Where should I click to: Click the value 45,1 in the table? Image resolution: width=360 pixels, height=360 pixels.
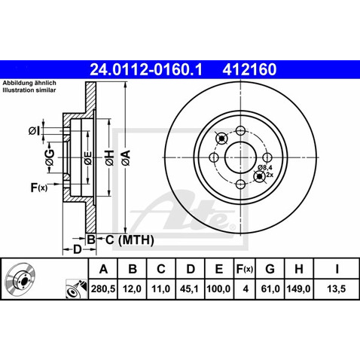pyautogui.click(x=191, y=287)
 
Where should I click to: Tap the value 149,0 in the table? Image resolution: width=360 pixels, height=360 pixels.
pyautogui.click(x=302, y=287)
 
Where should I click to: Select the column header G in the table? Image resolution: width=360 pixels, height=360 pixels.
pyautogui.click(x=272, y=269)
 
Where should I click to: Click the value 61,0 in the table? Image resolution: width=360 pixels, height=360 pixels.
pyautogui.click(x=272, y=287)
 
